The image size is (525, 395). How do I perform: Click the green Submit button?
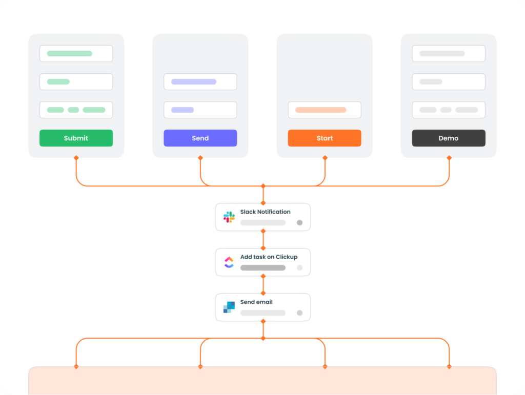pos(76,138)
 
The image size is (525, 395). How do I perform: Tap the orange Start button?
pos(324,138)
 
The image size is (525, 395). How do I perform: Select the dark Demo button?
pos(449,138)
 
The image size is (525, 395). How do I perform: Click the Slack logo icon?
pos(229,217)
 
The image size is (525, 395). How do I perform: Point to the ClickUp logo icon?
pos(229,262)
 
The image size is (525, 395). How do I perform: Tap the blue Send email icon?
pos(229,307)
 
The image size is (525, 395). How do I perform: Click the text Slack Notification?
pos(265,212)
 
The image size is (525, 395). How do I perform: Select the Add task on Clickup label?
pos(269,257)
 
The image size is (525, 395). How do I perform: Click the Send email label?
pos(256,302)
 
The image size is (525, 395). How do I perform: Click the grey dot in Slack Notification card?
pos(299,223)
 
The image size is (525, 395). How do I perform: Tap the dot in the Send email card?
pos(299,313)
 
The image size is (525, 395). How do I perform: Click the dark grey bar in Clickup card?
pos(263,268)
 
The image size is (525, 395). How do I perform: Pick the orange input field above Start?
pos(324,110)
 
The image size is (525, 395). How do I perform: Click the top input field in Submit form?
pos(76,53)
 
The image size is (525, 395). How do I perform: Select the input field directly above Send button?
pos(200,110)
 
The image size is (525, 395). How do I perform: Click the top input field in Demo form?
pos(449,53)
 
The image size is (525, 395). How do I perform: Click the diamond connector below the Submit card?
pos(76,158)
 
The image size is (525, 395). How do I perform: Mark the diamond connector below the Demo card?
pos(449,158)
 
